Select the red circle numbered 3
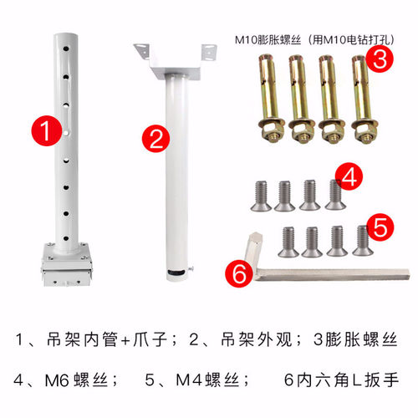[x=380, y=59]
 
